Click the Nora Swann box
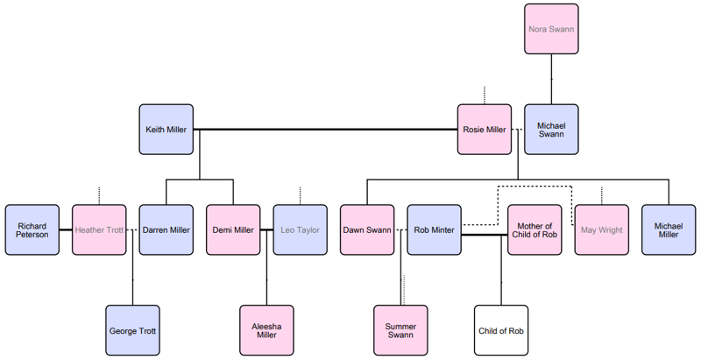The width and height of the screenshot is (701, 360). (x=551, y=29)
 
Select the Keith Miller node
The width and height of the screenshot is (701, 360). (x=166, y=130)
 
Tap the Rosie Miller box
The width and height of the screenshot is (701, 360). (x=484, y=130)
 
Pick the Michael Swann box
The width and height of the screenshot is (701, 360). (x=551, y=130)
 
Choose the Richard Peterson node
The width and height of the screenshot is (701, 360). (x=32, y=230)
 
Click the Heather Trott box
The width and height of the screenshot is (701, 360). (x=99, y=230)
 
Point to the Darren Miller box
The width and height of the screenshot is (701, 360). (x=166, y=230)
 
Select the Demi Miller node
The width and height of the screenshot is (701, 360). (x=233, y=230)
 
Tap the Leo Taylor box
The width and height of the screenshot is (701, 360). (x=300, y=230)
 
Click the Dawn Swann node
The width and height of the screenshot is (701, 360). (x=367, y=230)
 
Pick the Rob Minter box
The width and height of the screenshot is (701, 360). (x=434, y=230)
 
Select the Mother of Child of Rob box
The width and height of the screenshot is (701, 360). (x=535, y=230)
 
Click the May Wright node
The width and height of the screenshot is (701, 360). (x=601, y=230)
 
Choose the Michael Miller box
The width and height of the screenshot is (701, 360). (x=668, y=230)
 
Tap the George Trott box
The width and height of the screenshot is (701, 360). (x=132, y=331)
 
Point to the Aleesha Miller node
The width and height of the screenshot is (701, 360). (x=266, y=331)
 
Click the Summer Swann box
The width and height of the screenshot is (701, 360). (x=400, y=331)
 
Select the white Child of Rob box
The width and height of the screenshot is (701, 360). (x=501, y=331)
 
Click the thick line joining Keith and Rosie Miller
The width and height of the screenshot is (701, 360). (x=324, y=130)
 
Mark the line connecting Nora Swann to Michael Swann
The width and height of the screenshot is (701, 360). (x=551, y=80)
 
